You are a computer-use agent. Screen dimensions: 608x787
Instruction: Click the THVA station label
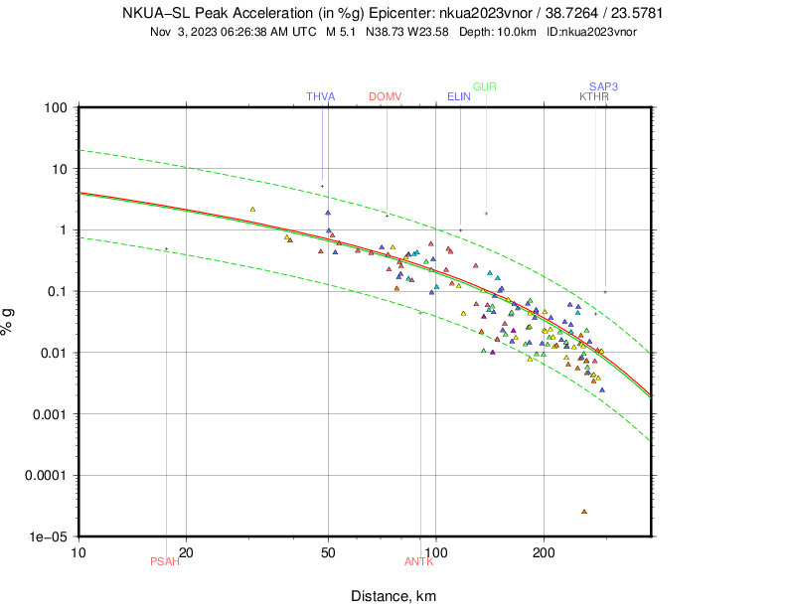click(x=321, y=96)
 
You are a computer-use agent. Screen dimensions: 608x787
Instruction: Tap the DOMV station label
click(x=385, y=96)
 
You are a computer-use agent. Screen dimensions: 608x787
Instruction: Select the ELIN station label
click(x=459, y=96)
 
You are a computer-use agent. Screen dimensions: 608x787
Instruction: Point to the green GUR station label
click(x=485, y=86)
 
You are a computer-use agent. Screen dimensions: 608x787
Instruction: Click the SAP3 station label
click(x=603, y=86)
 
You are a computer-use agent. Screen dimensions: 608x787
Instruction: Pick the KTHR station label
click(x=594, y=96)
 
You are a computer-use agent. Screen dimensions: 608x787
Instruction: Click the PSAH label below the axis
click(x=165, y=561)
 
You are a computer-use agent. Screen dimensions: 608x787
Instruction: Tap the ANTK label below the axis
click(x=419, y=561)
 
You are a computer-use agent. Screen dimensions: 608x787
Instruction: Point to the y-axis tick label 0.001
click(x=48, y=413)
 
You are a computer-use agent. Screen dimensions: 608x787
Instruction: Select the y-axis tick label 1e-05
click(x=48, y=536)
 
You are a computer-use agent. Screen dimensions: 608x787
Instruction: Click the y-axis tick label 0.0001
click(x=45, y=475)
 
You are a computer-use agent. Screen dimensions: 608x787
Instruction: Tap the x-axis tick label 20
click(x=184, y=551)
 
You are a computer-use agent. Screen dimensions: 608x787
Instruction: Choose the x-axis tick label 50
click(x=328, y=551)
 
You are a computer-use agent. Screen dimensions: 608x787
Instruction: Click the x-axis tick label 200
click(x=543, y=551)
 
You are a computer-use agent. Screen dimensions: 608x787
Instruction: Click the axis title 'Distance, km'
click(x=393, y=596)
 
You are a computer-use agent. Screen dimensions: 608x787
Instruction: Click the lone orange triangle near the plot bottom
click(x=584, y=511)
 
